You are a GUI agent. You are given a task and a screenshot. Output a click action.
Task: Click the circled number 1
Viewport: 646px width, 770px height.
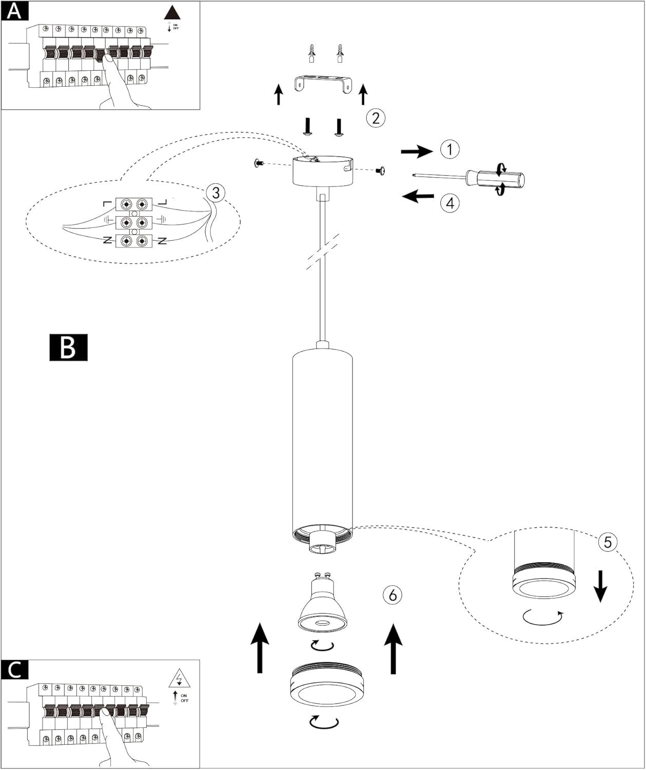[450, 149]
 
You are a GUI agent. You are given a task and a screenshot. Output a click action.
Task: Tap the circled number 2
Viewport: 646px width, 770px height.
[376, 118]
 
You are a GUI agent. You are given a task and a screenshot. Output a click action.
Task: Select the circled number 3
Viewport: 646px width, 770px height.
[216, 193]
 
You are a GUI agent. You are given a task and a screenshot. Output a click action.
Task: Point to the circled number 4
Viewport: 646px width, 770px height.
[450, 203]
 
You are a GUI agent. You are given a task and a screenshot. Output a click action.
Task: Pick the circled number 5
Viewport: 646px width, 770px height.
[608, 542]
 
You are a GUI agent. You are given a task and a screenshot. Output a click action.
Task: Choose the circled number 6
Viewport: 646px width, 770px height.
[393, 595]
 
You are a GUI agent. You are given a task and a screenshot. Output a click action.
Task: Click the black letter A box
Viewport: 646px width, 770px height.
[14, 11]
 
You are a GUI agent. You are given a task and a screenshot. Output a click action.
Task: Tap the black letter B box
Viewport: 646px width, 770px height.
[69, 348]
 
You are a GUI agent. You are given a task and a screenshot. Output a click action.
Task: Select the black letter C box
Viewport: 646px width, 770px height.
[14, 670]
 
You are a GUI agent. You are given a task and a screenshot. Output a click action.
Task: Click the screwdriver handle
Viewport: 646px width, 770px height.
[496, 180]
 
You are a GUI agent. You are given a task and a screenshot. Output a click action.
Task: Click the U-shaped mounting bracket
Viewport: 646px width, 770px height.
[322, 83]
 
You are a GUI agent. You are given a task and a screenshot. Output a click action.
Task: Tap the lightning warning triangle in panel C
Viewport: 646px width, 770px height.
[180, 679]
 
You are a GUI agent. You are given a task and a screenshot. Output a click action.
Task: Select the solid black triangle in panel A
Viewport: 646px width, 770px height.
[172, 13]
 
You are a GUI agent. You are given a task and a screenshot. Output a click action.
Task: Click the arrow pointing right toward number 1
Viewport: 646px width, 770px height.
[417, 151]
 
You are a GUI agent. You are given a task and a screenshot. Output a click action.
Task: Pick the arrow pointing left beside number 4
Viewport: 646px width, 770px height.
[418, 196]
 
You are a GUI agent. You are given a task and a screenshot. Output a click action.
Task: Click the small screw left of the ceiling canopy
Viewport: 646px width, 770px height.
[259, 163]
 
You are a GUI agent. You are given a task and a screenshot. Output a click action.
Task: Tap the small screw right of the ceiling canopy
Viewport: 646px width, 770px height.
[380, 170]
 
